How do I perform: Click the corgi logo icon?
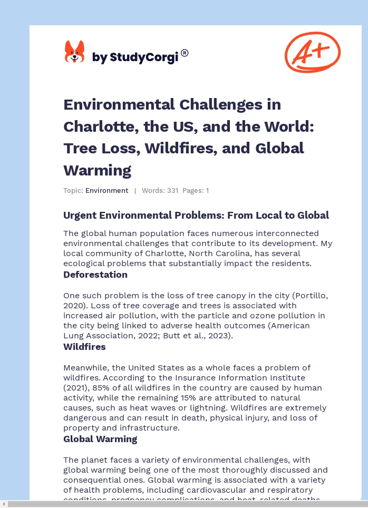74,52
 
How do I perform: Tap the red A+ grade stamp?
312,52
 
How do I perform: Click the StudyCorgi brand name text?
135,57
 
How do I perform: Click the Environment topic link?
107,191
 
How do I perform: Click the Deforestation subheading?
95,275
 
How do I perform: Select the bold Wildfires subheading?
84,347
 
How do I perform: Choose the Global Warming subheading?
100,439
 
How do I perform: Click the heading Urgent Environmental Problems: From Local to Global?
196,215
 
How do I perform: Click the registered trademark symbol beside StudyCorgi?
185,53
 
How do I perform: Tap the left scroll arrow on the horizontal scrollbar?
4,504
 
